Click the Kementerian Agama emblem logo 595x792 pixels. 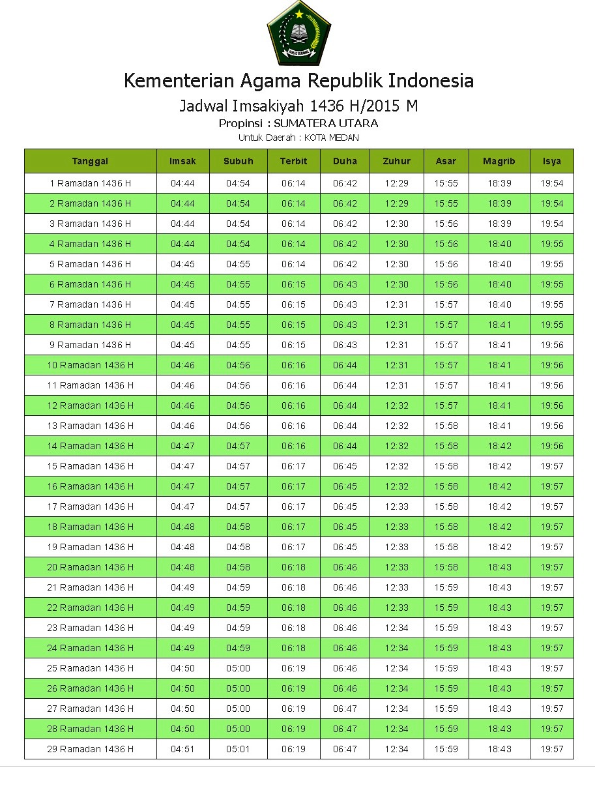(x=298, y=33)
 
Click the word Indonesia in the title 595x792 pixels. (x=431, y=81)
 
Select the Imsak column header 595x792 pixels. (x=182, y=161)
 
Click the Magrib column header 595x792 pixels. (x=499, y=161)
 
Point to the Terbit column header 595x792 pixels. (x=293, y=161)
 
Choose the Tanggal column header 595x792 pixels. (x=90, y=161)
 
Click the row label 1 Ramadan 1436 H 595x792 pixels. (x=90, y=183)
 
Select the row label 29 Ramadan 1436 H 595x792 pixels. (x=90, y=749)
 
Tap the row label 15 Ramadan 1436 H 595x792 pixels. (x=90, y=466)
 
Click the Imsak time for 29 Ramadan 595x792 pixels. (x=182, y=749)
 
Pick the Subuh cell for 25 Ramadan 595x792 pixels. (x=238, y=668)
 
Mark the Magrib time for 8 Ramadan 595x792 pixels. (x=499, y=325)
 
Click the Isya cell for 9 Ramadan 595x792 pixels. (x=551, y=345)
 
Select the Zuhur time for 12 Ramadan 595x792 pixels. (x=396, y=405)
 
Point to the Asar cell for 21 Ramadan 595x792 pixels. (x=446, y=587)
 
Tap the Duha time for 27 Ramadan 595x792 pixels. (x=345, y=709)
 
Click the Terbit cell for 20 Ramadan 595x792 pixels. (x=293, y=567)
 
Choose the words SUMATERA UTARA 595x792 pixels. (x=326, y=123)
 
